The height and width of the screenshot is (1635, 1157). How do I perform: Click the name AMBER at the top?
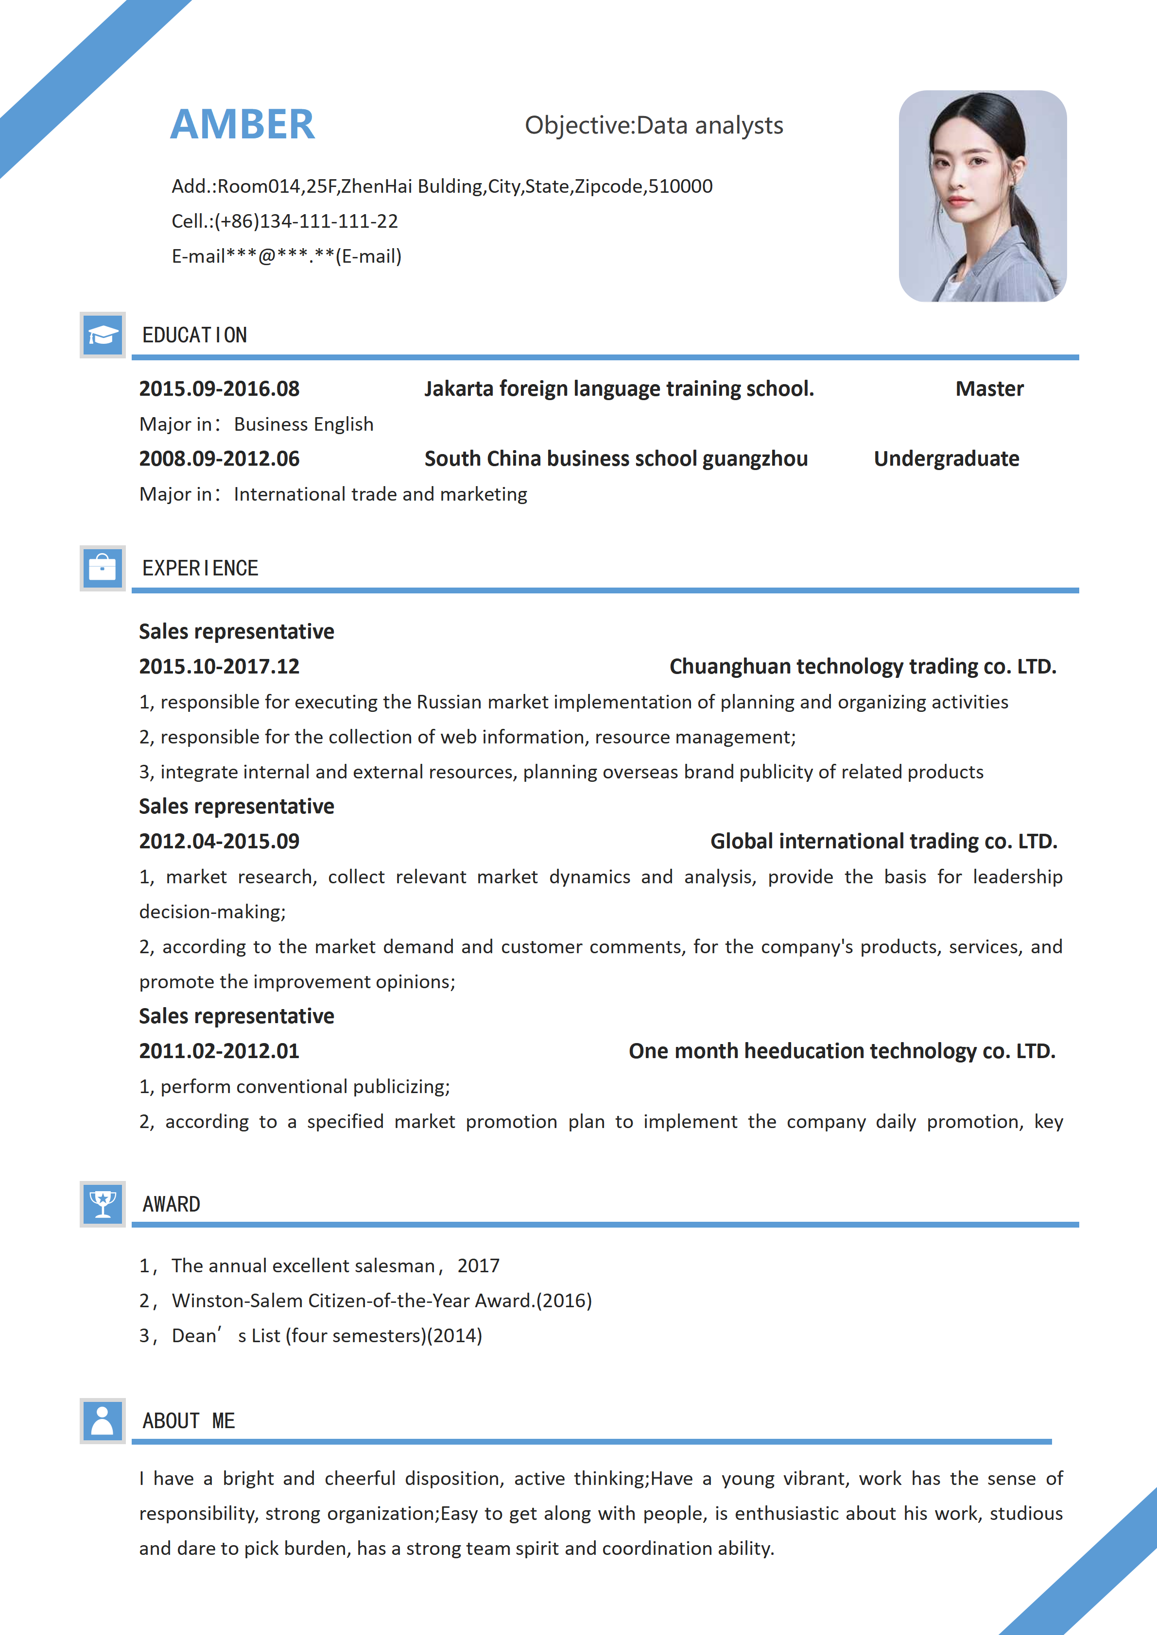[242, 125]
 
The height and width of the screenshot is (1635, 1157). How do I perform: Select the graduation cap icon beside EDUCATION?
[103, 335]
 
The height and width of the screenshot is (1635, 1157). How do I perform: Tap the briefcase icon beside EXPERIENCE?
[103, 568]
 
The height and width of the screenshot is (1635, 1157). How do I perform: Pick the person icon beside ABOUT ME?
[103, 1421]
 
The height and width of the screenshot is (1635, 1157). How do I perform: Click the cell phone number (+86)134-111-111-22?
[306, 221]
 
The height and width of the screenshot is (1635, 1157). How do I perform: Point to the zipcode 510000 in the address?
[680, 186]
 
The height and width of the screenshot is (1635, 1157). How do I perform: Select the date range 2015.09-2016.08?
[220, 389]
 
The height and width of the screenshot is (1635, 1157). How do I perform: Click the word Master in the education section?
[989, 389]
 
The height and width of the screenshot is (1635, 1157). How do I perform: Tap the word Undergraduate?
[946, 458]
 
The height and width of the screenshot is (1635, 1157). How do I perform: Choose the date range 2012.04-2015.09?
[220, 841]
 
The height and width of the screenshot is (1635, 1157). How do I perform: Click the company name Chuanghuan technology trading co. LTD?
[863, 667]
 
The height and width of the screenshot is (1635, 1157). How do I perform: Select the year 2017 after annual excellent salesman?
[478, 1265]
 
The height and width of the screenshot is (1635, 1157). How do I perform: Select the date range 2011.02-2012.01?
[220, 1051]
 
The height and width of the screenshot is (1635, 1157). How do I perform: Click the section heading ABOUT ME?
[189, 1421]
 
